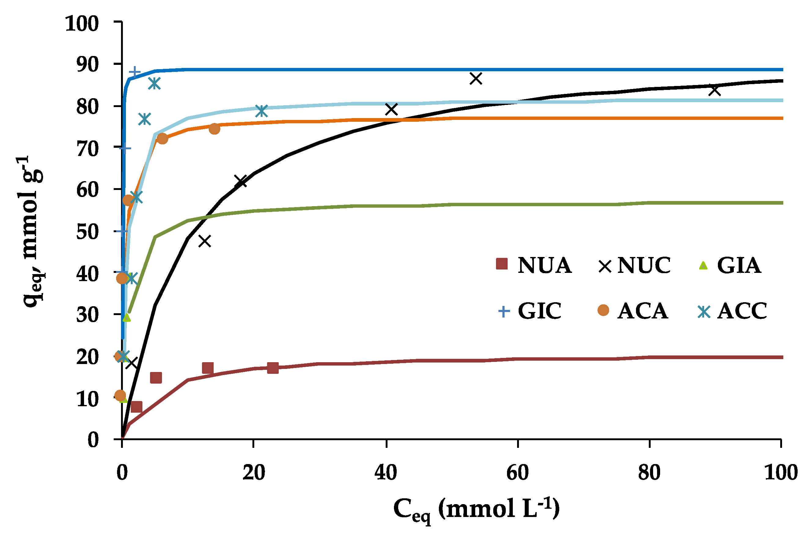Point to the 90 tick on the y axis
point(87,64)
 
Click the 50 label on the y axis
point(87,231)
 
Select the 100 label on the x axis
point(781,473)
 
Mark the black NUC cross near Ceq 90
point(715,91)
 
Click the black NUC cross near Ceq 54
point(476,79)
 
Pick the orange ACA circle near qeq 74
point(214,129)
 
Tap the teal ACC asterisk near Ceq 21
point(262,111)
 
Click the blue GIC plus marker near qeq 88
point(134,72)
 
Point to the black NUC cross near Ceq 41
point(391,110)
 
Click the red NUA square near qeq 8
point(136,407)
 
